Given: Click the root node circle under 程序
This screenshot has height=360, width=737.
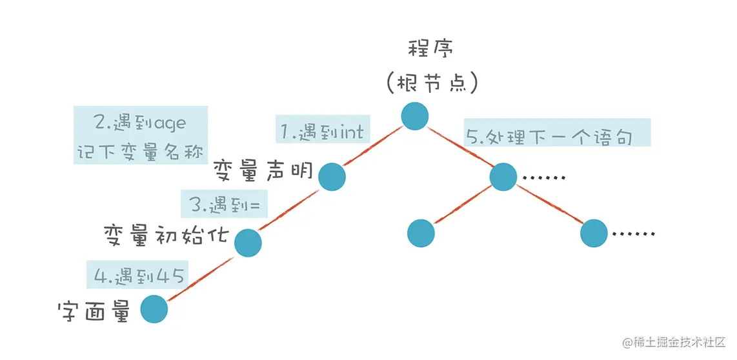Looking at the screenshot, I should tap(415, 116).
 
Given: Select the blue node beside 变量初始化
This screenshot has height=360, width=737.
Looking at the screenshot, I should tap(248, 243).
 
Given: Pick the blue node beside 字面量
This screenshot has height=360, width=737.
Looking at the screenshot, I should tap(154, 309).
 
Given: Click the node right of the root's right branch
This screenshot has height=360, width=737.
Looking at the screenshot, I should tap(503, 177).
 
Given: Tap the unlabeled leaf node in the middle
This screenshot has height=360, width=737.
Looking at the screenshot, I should tap(421, 232).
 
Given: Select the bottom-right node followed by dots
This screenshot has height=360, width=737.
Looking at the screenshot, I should tap(594, 232).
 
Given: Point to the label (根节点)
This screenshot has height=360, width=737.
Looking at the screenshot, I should tap(432, 83).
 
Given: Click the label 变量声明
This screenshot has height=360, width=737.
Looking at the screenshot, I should tap(263, 172).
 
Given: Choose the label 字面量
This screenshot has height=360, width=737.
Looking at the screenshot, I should tap(94, 312).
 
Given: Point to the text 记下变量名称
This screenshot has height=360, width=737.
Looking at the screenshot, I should tap(140, 153).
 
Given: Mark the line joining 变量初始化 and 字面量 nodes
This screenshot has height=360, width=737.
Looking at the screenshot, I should tap(201, 276).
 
